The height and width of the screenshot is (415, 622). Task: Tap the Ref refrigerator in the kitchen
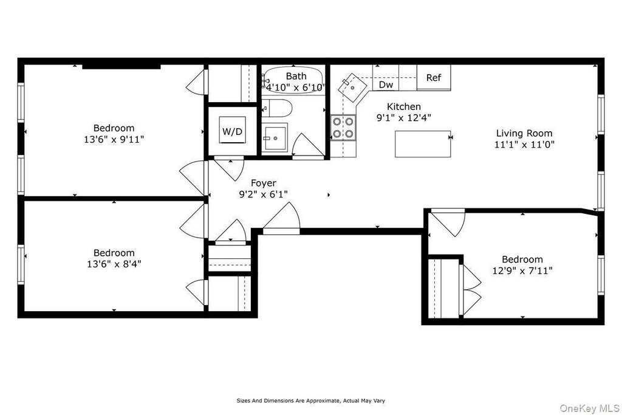click(433, 78)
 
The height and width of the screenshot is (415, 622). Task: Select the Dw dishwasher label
click(386, 85)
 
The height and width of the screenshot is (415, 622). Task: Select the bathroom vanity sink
click(275, 137)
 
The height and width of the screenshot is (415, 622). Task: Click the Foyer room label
click(263, 183)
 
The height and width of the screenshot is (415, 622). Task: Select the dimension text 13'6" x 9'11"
click(114, 139)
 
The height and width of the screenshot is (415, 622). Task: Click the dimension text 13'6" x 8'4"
click(114, 264)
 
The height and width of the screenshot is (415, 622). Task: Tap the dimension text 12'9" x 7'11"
click(522, 270)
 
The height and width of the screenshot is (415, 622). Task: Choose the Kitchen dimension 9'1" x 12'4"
click(404, 118)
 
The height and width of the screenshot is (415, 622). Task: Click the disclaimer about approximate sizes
click(310, 401)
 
